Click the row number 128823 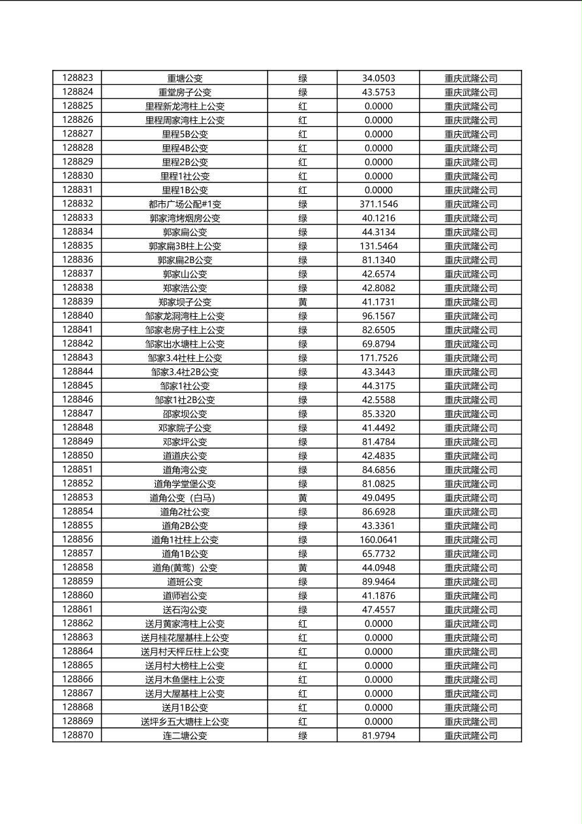click(78, 78)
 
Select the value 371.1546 click(378, 204)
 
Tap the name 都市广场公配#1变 click(185, 204)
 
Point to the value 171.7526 click(378, 358)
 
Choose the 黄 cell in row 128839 click(303, 302)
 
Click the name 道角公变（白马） click(185, 498)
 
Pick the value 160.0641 click(378, 539)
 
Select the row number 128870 click(78, 735)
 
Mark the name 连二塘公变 click(185, 735)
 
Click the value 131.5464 click(378, 246)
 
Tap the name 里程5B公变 click(185, 134)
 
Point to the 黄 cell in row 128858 click(303, 567)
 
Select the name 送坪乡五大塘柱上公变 click(185, 721)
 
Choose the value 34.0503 click(378, 78)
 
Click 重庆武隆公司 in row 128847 click(470, 413)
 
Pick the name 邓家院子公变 click(185, 428)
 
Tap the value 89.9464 click(378, 582)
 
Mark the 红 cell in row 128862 click(303, 624)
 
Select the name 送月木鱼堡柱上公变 click(185, 680)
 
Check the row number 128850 click(78, 456)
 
